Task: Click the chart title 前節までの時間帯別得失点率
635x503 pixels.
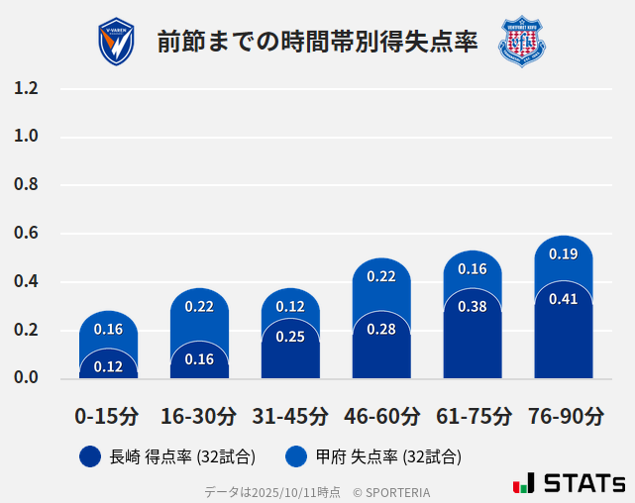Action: click(x=317, y=42)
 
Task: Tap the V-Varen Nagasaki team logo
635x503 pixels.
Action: click(x=116, y=42)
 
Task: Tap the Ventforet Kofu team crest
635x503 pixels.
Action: click(x=521, y=42)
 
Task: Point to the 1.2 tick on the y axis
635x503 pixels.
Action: click(x=27, y=88)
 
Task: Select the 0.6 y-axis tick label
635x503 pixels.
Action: click(x=27, y=234)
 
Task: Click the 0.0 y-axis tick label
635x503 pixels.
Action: click(x=27, y=377)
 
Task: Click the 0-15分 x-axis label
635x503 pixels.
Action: click(x=107, y=415)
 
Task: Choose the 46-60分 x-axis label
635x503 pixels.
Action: click(x=380, y=415)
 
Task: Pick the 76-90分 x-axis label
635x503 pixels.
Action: click(x=564, y=415)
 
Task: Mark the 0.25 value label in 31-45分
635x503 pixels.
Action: click(x=290, y=337)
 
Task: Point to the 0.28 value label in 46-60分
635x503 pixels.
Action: click(x=381, y=330)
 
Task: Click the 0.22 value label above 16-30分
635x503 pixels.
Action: click(x=199, y=307)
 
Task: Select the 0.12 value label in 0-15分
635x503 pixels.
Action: click(x=108, y=366)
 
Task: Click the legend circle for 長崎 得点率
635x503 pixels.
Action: click(x=90, y=456)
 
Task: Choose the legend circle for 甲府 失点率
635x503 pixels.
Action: click(x=296, y=456)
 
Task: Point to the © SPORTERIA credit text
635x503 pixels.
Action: click(x=391, y=492)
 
